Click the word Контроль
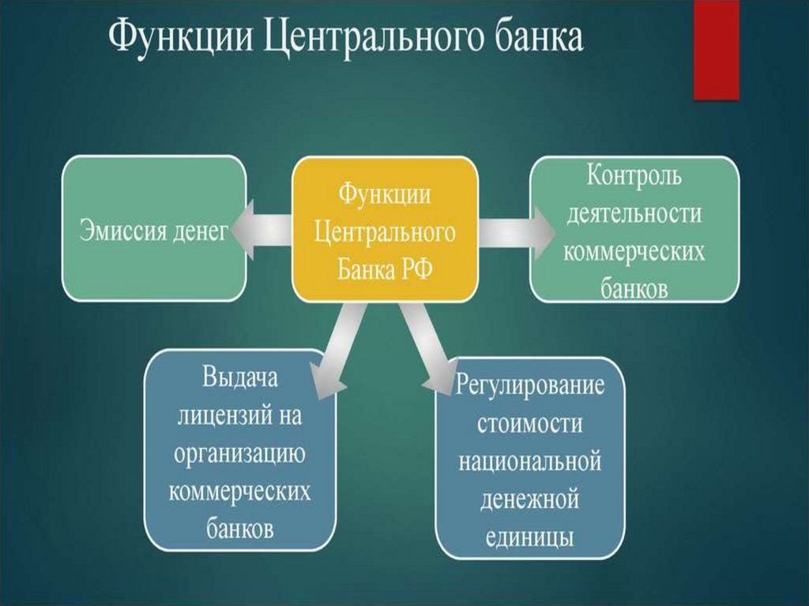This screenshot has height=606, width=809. tap(634, 176)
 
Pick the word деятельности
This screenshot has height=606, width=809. tap(634, 213)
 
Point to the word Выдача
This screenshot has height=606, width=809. tap(240, 377)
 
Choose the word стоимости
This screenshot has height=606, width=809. tap(530, 423)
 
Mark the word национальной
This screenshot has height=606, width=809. tap(530, 461)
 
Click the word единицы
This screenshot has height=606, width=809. tap(530, 537)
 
